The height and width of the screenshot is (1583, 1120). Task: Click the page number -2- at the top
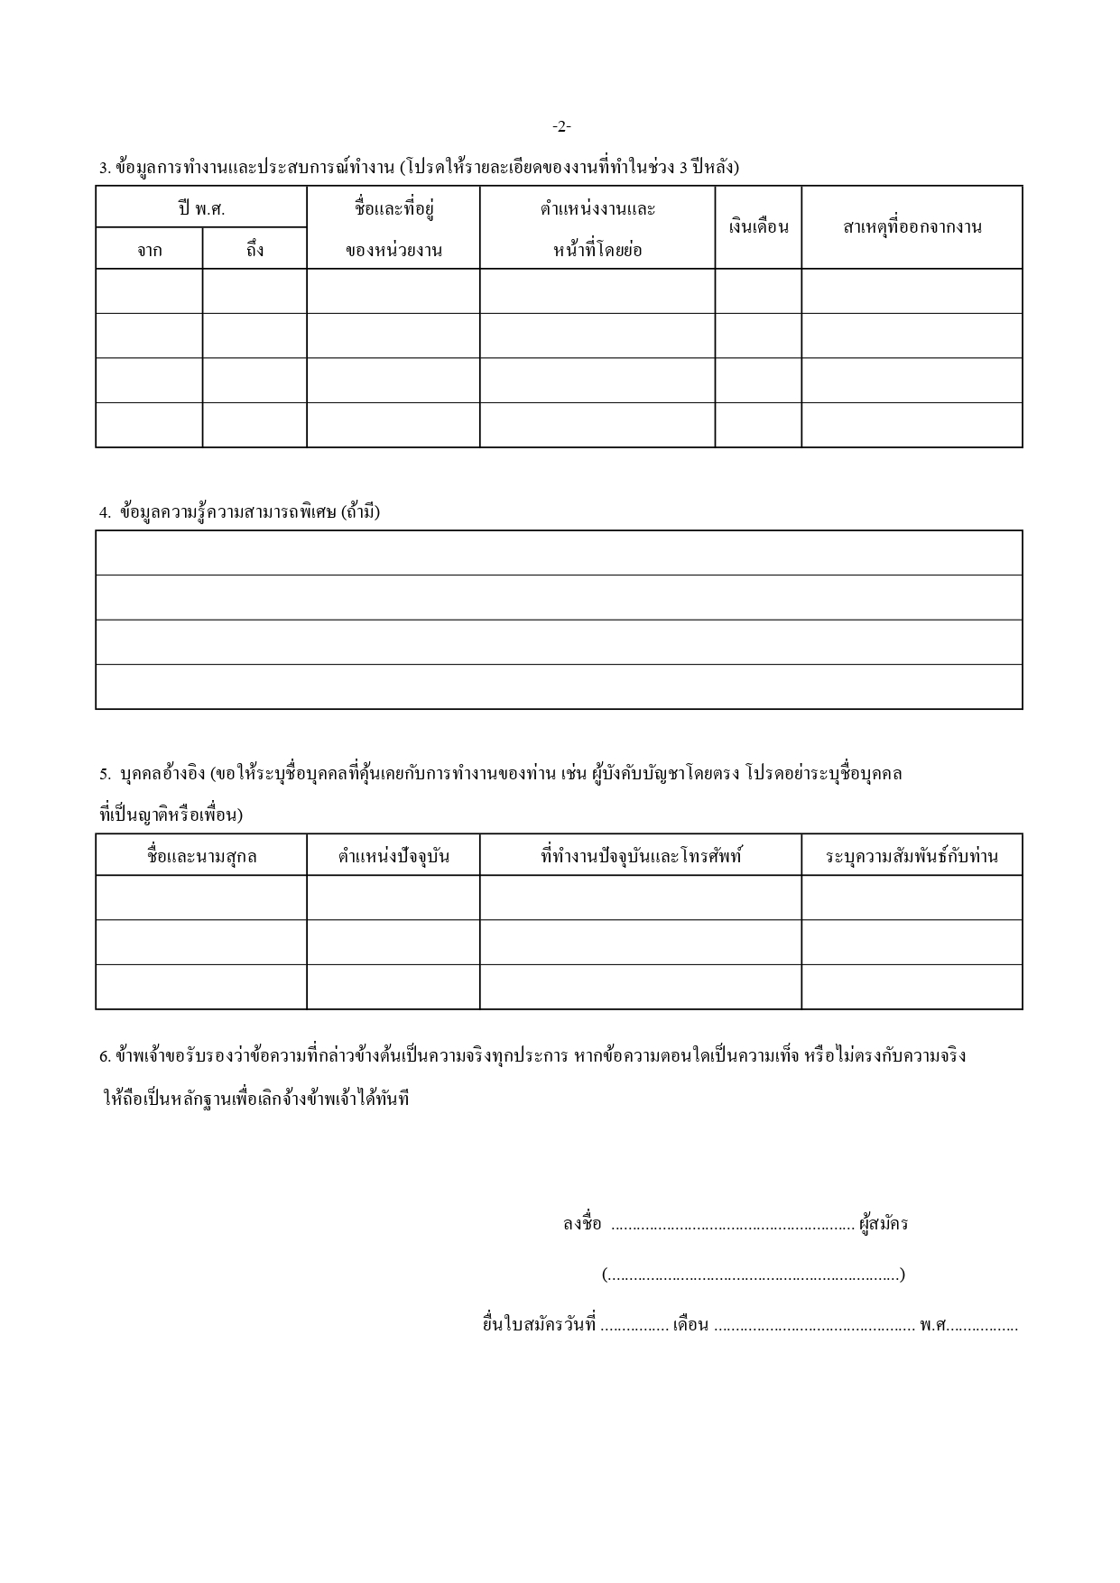click(x=560, y=127)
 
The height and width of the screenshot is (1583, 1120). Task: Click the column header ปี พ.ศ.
click(x=201, y=208)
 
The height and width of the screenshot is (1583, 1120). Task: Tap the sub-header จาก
click(x=149, y=250)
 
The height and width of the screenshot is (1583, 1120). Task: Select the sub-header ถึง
click(x=255, y=250)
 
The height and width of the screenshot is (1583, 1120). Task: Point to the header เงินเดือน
click(x=758, y=227)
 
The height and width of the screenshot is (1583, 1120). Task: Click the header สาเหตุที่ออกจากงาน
click(x=912, y=227)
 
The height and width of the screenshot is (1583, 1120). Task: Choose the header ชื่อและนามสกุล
click(x=201, y=856)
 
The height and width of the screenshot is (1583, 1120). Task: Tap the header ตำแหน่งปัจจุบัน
click(x=393, y=856)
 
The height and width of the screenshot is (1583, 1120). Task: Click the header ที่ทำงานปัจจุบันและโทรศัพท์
click(x=641, y=856)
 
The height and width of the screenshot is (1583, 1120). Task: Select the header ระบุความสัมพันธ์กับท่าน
click(x=912, y=856)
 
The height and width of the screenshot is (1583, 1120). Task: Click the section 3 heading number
click(x=105, y=168)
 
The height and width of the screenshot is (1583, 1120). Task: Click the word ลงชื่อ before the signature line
click(x=581, y=1224)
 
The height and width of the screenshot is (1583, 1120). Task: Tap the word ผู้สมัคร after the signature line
click(x=884, y=1224)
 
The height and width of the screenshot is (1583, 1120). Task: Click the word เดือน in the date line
click(x=690, y=1325)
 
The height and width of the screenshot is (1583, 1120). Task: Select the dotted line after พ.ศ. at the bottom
click(x=983, y=1327)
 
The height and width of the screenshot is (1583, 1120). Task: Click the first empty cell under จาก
click(x=149, y=291)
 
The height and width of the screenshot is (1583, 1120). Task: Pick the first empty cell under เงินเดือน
click(x=758, y=291)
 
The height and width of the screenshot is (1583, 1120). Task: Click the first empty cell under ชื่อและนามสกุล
click(x=201, y=897)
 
